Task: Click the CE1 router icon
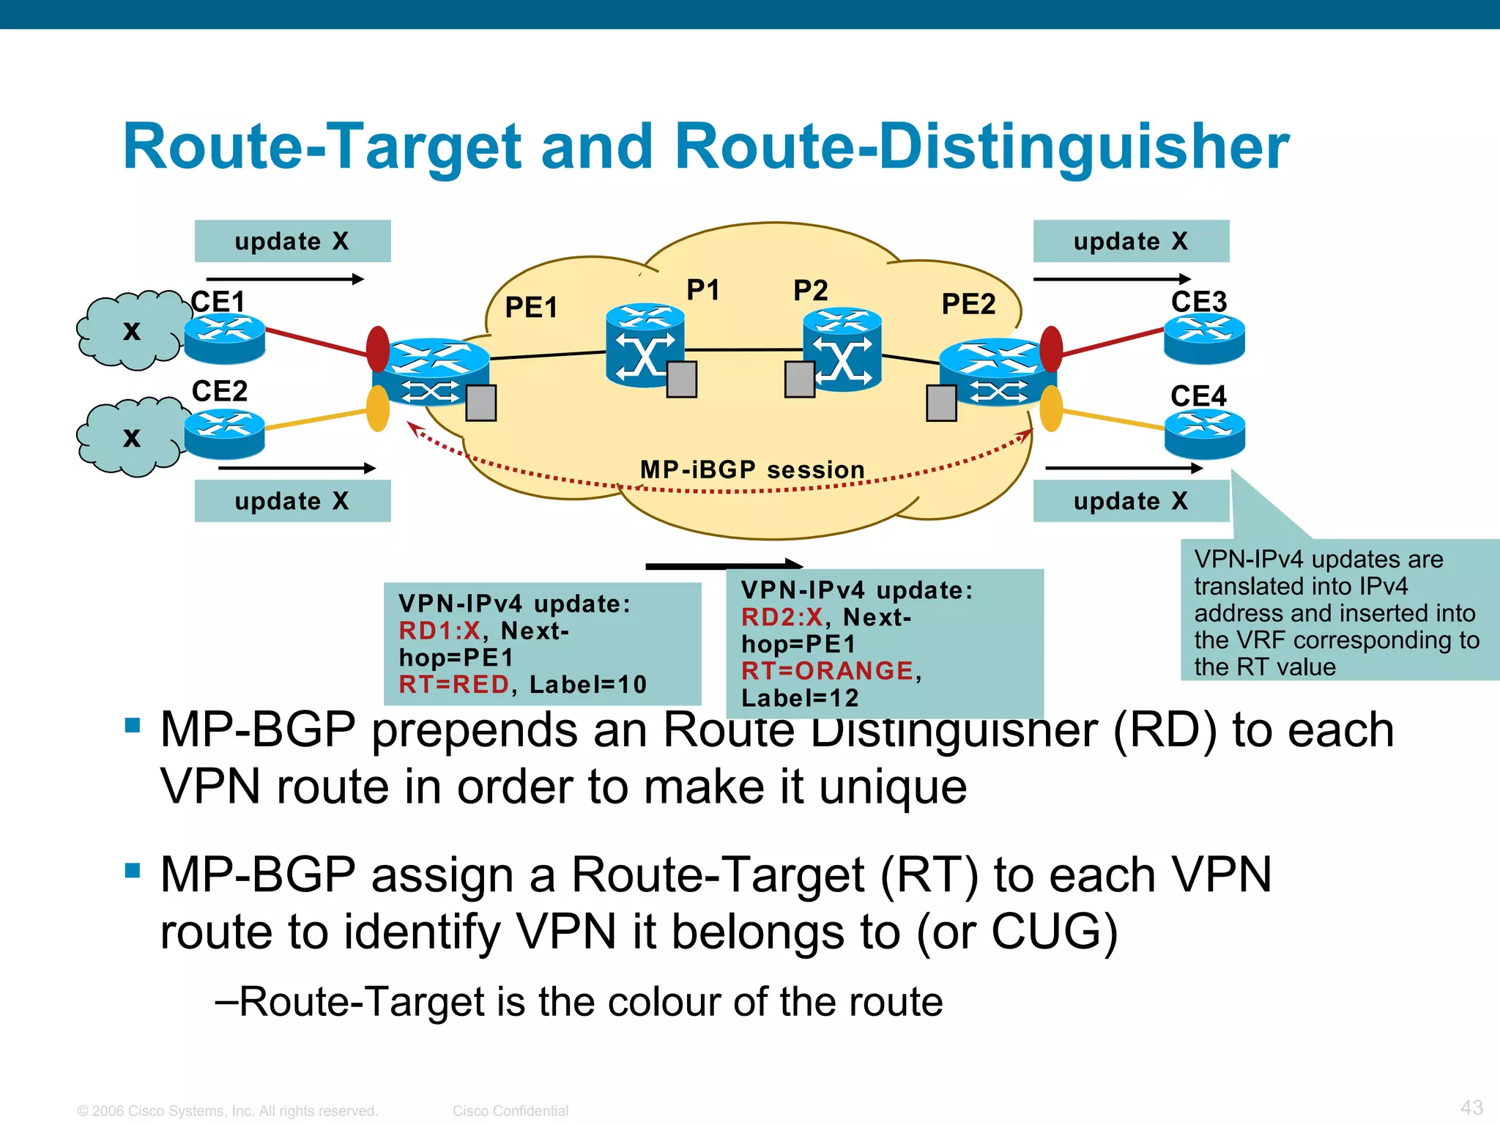coord(224,338)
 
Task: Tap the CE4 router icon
coord(1204,434)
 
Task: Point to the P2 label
coord(810,291)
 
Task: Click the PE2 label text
coord(968,304)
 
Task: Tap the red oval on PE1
coord(378,349)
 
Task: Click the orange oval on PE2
coord(1051,409)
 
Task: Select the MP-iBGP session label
coord(752,469)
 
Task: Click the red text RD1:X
coord(439,631)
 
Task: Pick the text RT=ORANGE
coord(827,671)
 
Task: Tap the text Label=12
coord(800,698)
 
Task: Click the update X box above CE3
coord(1131,241)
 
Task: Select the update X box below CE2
coord(292,501)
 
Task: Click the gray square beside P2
coord(799,379)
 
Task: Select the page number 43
coord(1471,1107)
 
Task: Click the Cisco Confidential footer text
coord(510,1111)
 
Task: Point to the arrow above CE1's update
coord(285,279)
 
